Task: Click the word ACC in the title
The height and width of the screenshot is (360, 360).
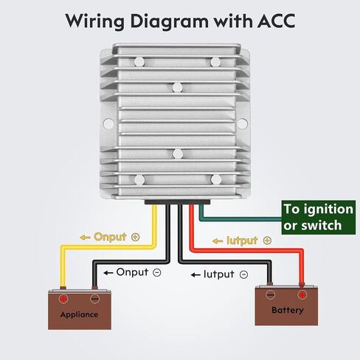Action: pos(276,21)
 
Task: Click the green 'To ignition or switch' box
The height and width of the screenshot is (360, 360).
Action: pos(319,218)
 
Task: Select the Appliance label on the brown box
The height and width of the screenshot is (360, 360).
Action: pos(79,314)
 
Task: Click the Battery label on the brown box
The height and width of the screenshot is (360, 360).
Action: pos(288,310)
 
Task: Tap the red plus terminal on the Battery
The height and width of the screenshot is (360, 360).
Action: pos(302,294)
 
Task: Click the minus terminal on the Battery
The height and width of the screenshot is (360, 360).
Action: pos(270,294)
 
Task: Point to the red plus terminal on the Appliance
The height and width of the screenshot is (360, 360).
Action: pos(63,299)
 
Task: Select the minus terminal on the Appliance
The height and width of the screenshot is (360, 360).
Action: pos(94,299)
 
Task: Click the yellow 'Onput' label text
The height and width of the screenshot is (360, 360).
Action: pos(110,237)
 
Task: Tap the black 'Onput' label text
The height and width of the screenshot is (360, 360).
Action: pos(132,272)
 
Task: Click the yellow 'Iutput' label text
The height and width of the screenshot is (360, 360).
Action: pos(242,240)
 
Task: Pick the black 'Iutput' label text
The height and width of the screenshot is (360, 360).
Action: pos(219,274)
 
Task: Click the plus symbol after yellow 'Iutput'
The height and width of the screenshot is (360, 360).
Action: pos(267,240)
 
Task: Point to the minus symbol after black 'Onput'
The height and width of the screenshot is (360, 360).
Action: pos(157,272)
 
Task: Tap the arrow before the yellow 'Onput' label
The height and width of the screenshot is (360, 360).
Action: pos(85,238)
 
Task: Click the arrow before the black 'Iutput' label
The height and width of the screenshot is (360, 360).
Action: pos(195,274)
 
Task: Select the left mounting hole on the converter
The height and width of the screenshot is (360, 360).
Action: pos(108,123)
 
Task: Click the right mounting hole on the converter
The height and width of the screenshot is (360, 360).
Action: pos(243,124)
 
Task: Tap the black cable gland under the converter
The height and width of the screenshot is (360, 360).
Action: pos(177,202)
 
